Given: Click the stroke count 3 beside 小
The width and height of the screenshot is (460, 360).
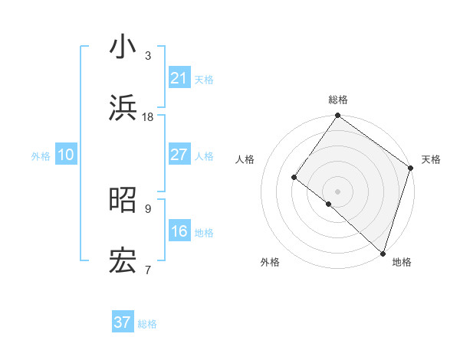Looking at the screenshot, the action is [148, 55].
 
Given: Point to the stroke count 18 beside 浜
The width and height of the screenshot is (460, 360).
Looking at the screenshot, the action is [148, 117].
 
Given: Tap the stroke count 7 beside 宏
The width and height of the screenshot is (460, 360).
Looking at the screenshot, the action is [148, 270].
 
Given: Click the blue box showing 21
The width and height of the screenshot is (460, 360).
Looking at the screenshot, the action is [179, 78].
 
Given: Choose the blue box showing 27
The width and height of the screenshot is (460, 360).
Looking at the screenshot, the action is [179, 155].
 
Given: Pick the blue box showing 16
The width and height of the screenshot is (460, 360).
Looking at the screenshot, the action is [179, 231].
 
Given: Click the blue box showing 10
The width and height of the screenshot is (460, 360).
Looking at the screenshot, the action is [66, 155].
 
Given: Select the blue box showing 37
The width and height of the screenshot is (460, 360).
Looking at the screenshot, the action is [123, 322].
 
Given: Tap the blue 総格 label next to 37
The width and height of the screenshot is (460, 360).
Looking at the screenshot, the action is [148, 324].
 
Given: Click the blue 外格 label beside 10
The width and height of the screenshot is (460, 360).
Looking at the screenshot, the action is [41, 156].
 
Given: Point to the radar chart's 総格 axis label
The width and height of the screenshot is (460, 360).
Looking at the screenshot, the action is [337, 100].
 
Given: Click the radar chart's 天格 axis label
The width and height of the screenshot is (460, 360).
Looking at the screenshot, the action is [431, 159].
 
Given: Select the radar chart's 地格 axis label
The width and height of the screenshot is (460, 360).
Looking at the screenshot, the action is [402, 262].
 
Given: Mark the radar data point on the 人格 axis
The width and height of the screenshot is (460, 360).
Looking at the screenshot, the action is [294, 177].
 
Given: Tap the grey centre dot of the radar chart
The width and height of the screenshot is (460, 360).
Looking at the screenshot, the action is [337, 191].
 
